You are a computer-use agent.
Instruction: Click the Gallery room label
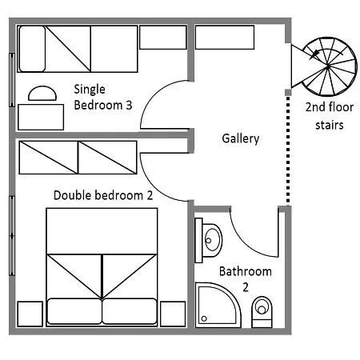point(241,138)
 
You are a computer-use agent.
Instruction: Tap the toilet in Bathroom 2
point(262,312)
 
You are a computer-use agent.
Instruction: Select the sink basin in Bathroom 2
point(212,240)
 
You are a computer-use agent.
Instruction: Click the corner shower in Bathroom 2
point(218,305)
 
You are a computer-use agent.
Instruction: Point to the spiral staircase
point(328,66)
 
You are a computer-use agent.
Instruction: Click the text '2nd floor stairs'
point(330,116)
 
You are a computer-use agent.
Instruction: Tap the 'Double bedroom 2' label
point(103,195)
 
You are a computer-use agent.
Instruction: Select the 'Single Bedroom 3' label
point(103,97)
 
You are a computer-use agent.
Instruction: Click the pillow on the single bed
point(32,49)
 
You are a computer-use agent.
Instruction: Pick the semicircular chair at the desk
point(42,94)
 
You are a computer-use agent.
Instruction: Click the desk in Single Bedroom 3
point(41,117)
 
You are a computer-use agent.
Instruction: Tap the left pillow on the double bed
point(74,311)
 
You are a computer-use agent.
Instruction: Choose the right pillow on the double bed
point(130,311)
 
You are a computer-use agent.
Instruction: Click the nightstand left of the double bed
point(30,314)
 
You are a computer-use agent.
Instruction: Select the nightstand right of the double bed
point(173,314)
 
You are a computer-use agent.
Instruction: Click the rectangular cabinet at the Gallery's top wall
point(225,38)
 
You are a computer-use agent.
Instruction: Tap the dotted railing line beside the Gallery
point(288,150)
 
